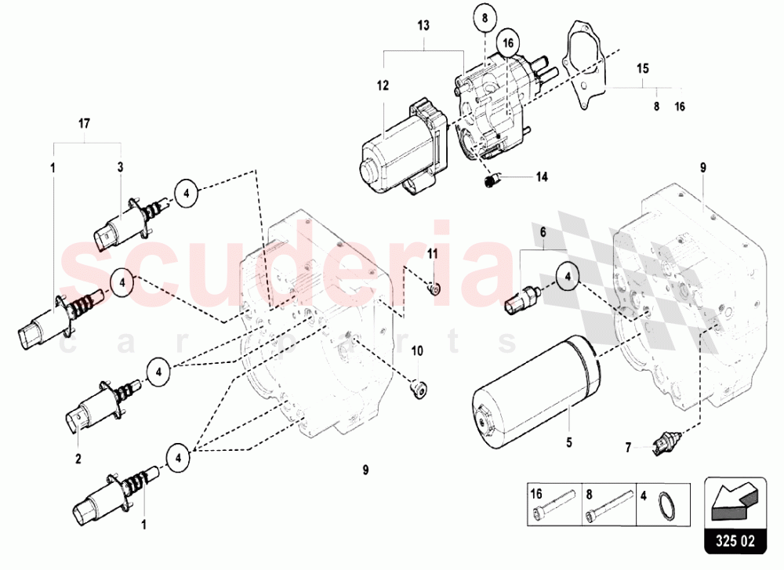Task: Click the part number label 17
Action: tap(84, 123)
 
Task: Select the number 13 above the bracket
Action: tap(423, 26)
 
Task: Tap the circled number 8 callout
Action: tap(485, 19)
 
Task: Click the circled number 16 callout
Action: tap(508, 43)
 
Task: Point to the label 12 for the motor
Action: tap(383, 86)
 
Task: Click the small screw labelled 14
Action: tap(491, 180)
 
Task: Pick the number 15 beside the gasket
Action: tap(643, 68)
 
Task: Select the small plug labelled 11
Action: tap(434, 289)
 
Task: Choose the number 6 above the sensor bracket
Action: tap(543, 232)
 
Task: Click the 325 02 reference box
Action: tap(735, 515)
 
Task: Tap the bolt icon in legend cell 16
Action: tap(554, 504)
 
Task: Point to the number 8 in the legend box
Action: tap(589, 495)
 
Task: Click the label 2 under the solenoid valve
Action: tap(78, 459)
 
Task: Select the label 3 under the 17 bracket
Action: tap(120, 167)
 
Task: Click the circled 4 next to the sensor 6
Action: tap(568, 276)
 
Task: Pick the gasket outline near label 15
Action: tap(586, 64)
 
